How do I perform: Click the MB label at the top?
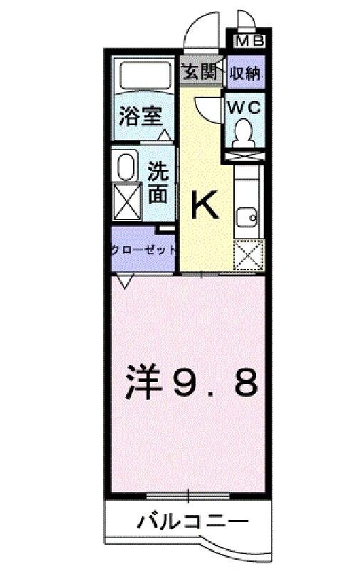pyautogui.click(x=248, y=41)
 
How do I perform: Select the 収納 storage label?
pyautogui.click(x=244, y=73)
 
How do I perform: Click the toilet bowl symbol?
pyautogui.click(x=243, y=132)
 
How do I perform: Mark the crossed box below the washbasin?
pyautogui.click(x=126, y=202)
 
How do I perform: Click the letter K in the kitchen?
pyautogui.click(x=204, y=206)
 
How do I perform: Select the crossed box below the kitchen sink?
pyautogui.click(x=248, y=254)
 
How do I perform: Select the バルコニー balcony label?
pyautogui.click(x=189, y=522)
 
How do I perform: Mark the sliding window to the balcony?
pyautogui.click(x=189, y=494)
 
